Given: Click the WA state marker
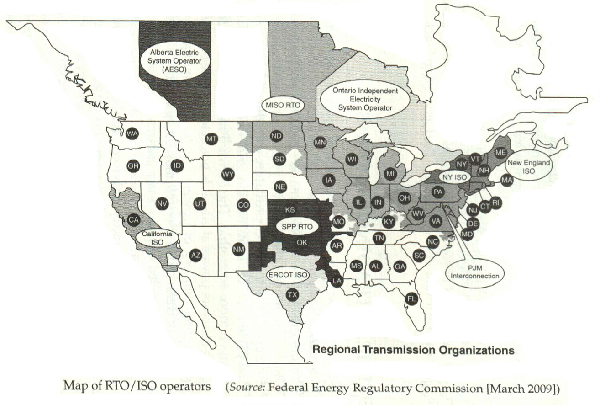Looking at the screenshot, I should pos(132,133).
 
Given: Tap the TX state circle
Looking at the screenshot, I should pos(293,294).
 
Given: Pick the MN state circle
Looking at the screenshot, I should pos(320,143).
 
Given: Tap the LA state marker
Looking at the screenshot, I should pos(337,281).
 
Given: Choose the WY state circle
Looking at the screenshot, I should pos(227,174).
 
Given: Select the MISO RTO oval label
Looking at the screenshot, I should pos(283,105).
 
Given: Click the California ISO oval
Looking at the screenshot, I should pos(157,238).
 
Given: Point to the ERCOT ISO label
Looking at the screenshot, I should pos(287,275).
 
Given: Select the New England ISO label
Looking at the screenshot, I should pos(528,167).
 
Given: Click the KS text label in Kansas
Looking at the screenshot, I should pos(289,210).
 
